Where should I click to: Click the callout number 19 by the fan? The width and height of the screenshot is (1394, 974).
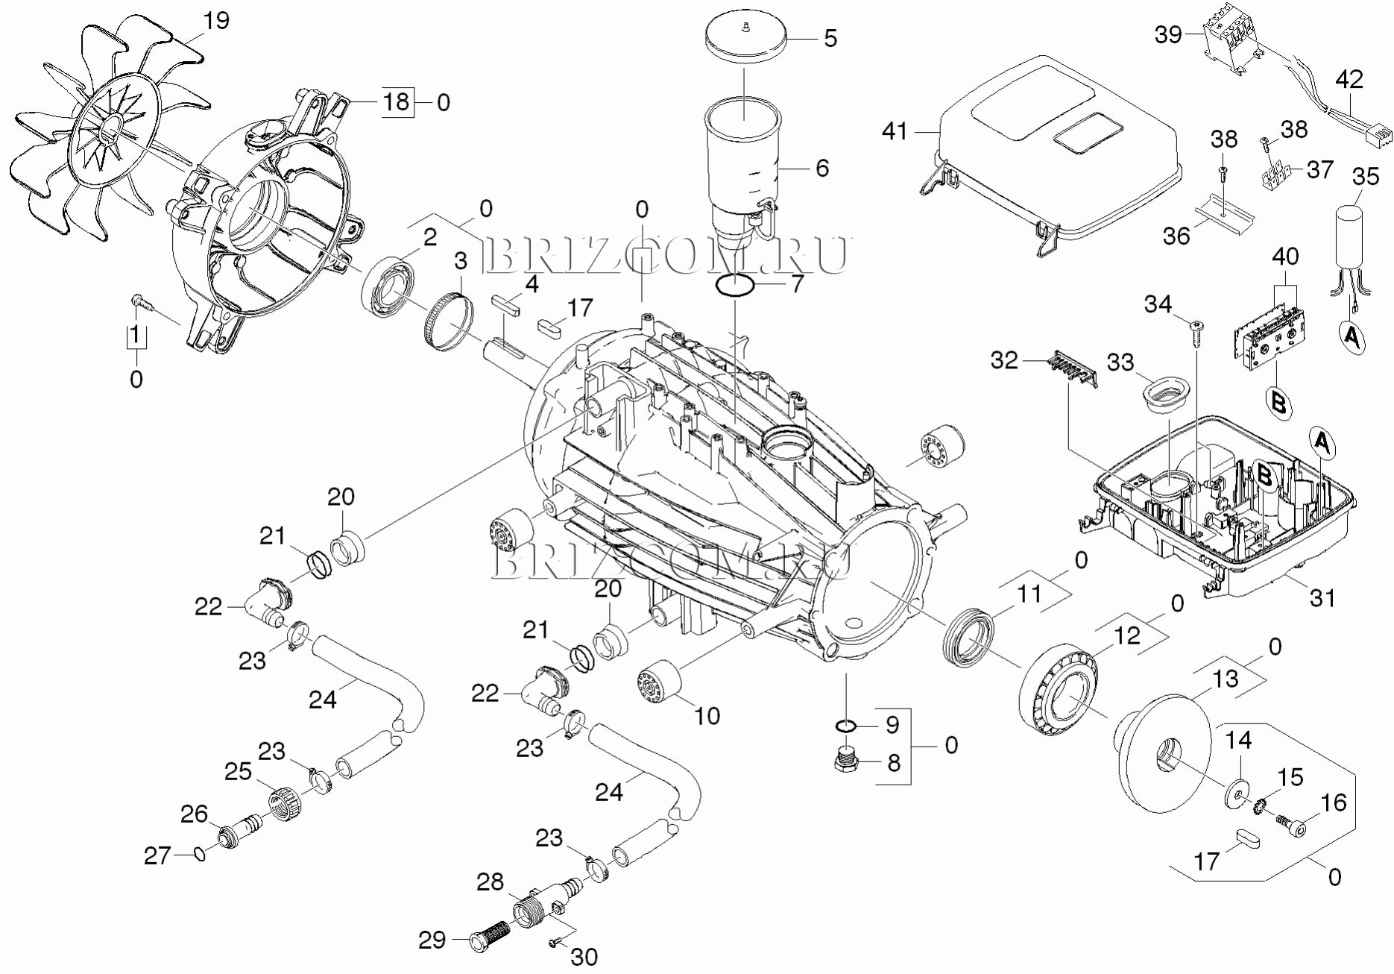click(x=216, y=21)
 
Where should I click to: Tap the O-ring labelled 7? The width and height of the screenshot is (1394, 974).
click(x=735, y=284)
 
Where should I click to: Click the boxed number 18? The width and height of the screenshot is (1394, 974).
click(x=397, y=101)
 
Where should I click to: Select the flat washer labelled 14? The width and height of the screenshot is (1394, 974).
click(x=1238, y=792)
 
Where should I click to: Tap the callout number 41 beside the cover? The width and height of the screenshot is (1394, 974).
click(x=895, y=131)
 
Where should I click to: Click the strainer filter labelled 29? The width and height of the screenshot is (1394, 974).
click(x=491, y=935)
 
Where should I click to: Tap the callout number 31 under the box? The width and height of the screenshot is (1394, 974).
click(x=1323, y=597)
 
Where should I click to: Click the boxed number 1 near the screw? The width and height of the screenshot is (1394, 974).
click(x=136, y=336)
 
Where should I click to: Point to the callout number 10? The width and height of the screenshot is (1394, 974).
click(x=707, y=716)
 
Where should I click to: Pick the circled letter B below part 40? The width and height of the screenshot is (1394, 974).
click(x=1278, y=403)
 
